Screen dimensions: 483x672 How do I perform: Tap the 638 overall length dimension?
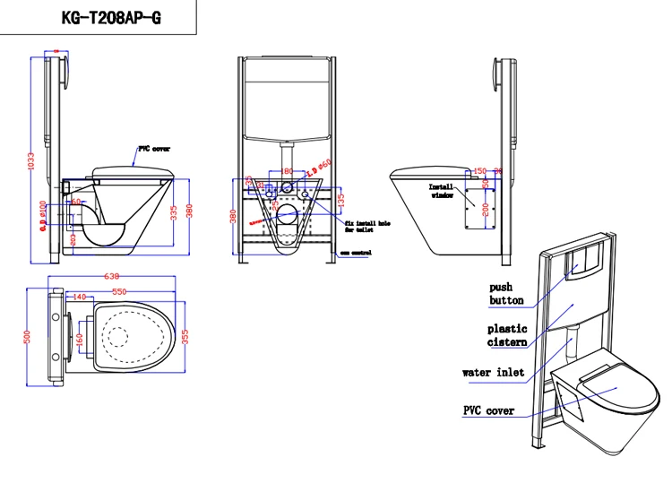[x=113, y=277]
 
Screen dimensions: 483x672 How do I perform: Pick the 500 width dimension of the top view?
[x=29, y=336]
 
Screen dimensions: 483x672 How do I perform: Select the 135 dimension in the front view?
[x=340, y=200]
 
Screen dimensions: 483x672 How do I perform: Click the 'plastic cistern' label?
[x=506, y=335]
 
